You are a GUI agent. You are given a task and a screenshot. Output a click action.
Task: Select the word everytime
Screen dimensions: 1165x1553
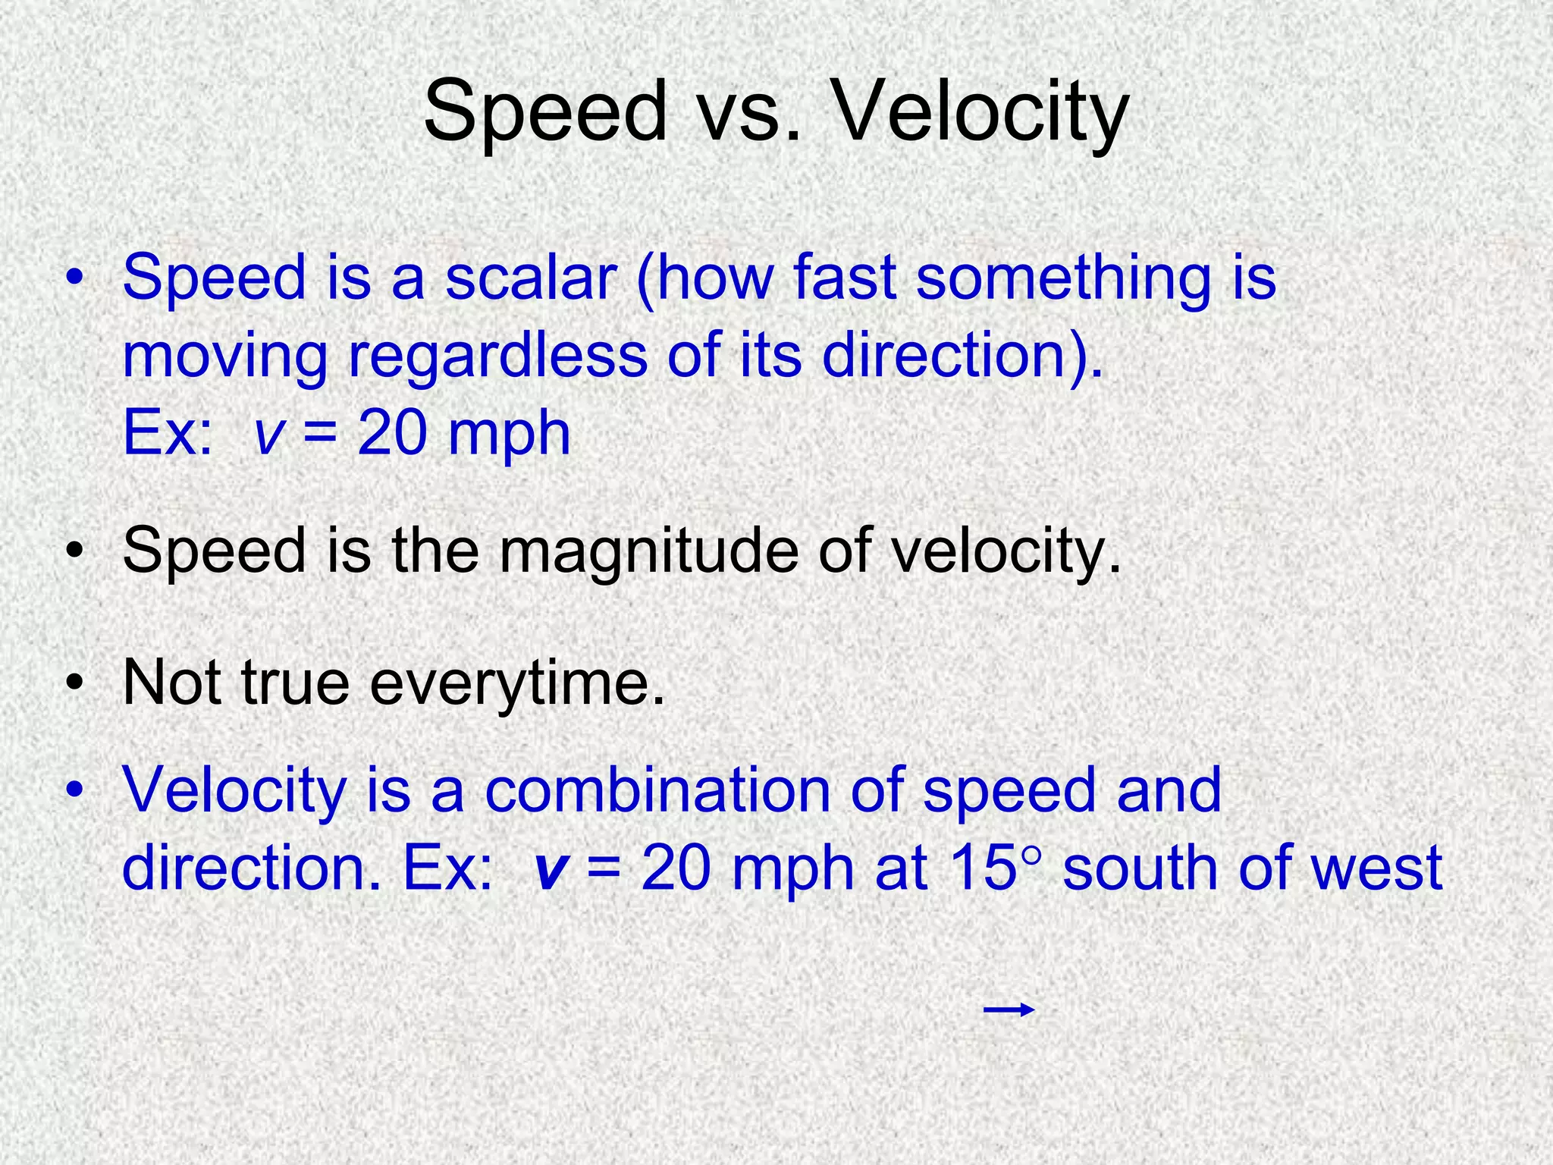click(516, 683)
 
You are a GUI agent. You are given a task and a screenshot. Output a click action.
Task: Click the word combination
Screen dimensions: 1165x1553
click(657, 790)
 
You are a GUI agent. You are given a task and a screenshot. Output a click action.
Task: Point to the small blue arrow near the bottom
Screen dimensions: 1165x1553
click(1009, 1010)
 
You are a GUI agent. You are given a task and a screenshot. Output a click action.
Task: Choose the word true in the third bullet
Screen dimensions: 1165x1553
click(295, 683)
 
